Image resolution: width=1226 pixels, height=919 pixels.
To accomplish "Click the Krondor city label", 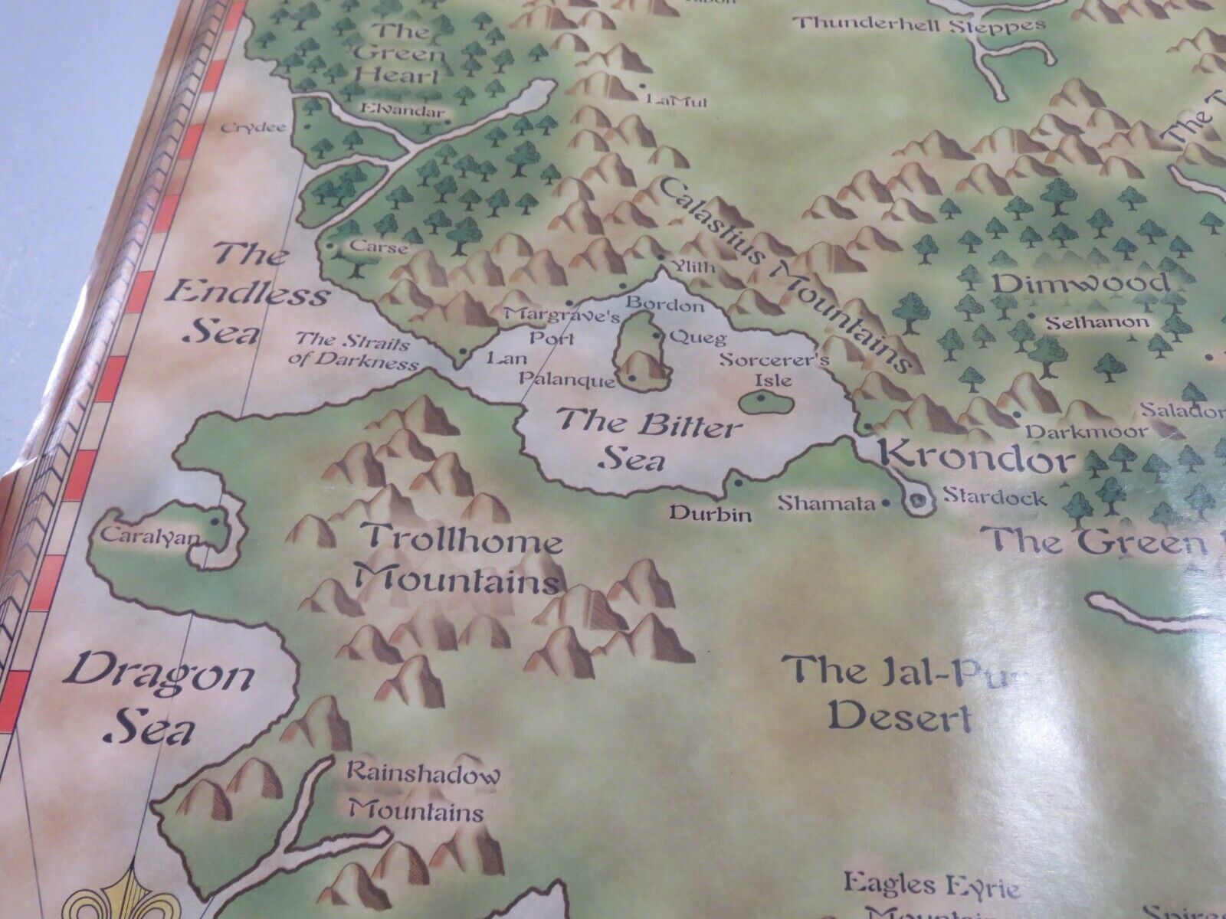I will pos(978,459).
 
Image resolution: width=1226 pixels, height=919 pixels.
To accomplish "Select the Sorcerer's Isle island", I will pos(760,399).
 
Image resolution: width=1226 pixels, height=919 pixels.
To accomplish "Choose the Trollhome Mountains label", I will pos(464,559).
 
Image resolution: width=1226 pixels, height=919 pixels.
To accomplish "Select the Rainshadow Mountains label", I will pos(422,792).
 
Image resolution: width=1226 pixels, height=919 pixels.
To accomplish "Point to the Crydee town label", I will pos(253,128).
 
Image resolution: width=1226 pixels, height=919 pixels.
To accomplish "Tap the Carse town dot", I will pos(329,247).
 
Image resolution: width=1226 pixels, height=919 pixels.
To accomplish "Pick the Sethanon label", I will pos(1097,322).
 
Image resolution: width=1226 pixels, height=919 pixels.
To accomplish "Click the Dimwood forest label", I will pos(1081,283).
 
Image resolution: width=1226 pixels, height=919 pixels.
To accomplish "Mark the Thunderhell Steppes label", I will pos(919,25).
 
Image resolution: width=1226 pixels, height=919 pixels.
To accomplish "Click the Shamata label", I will pos(826,502).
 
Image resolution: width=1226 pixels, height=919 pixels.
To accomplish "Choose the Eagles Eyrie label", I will pos(932,888).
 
